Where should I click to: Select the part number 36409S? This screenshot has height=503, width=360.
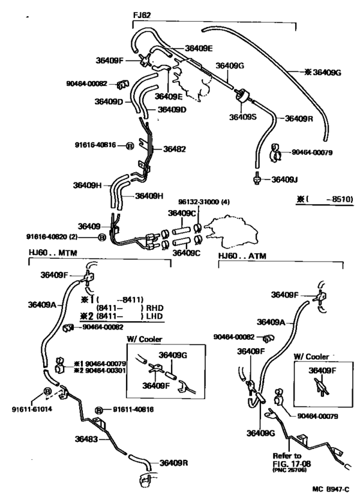click(243, 117)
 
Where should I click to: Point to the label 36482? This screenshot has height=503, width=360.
click(174, 148)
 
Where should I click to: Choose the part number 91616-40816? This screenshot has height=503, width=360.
click(95, 145)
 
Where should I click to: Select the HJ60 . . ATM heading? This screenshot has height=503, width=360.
click(242, 256)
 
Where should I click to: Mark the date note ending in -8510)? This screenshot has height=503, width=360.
click(325, 199)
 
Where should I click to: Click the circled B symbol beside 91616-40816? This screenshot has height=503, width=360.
click(130, 146)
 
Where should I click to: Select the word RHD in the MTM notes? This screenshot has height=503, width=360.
click(153, 308)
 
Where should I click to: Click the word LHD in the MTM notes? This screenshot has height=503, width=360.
click(153, 317)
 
